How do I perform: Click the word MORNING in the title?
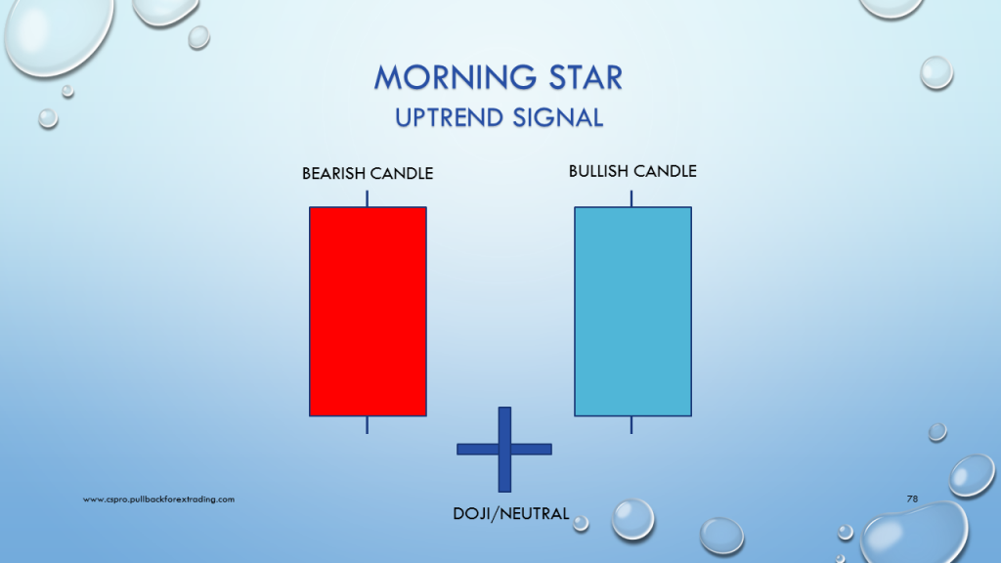[x=455, y=78]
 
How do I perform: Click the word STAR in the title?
[x=586, y=78]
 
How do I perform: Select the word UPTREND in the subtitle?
[x=449, y=118]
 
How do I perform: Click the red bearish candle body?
[x=368, y=312]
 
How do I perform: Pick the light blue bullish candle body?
[x=632, y=312]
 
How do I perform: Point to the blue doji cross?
[x=504, y=450]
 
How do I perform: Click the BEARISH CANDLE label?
[x=368, y=174]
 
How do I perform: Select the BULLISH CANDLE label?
[x=632, y=171]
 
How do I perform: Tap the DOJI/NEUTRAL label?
[x=510, y=514]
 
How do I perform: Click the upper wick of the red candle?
[x=368, y=198]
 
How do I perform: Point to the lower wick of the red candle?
[x=368, y=425]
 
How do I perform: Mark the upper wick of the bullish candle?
[x=631, y=198]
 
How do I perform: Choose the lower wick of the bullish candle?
[x=631, y=425]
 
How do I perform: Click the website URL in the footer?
[x=158, y=499]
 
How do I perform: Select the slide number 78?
[x=912, y=498]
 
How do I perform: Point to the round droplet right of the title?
[x=936, y=72]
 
